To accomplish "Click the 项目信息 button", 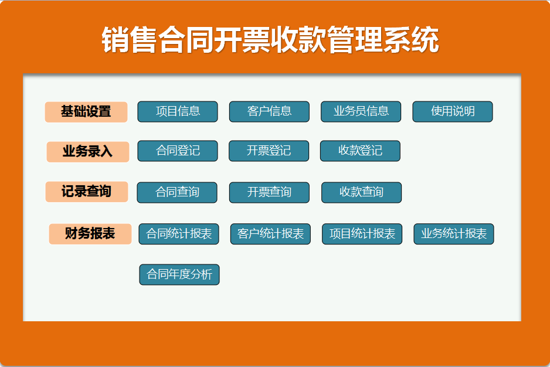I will pos(178,111).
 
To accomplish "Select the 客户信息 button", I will pos(269,111).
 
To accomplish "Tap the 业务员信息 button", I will pos(361,111).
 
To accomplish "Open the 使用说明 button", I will pos(453,111).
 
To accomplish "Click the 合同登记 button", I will pos(178,151).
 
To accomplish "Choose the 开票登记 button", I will pos(269,151).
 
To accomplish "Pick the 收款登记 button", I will pos(360,151).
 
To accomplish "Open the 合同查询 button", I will pos(177,192).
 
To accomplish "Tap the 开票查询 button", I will pos(269,192).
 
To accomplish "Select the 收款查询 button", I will pos(361,192).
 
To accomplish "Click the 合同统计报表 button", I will pos(179,234).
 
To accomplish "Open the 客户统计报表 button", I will pos(270,234).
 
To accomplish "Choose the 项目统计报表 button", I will pos(362,234).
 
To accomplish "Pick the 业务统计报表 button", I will pos(454,234).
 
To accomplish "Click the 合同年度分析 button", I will pos(179,274).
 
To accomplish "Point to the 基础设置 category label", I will pos(86,111).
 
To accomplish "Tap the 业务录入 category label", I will pos(87,151).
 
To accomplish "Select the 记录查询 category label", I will pos(87,192).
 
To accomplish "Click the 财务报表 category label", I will pos(90,234).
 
